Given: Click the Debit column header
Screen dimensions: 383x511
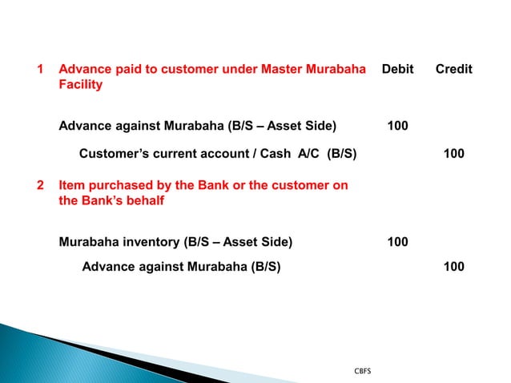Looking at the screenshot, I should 397,70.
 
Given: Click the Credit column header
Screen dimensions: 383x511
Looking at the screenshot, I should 453,70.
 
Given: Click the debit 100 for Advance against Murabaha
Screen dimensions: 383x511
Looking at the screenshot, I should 397,125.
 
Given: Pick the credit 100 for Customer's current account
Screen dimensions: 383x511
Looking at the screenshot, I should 453,153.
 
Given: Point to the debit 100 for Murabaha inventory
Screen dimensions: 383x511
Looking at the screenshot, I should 397,241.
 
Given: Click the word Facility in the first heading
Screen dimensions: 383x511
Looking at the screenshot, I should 80,84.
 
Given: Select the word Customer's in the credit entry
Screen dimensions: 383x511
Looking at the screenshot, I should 113,153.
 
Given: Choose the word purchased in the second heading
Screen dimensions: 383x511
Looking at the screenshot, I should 119,186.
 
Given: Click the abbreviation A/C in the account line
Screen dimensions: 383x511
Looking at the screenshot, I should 308,153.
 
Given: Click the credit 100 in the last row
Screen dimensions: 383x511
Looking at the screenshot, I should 453,266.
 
